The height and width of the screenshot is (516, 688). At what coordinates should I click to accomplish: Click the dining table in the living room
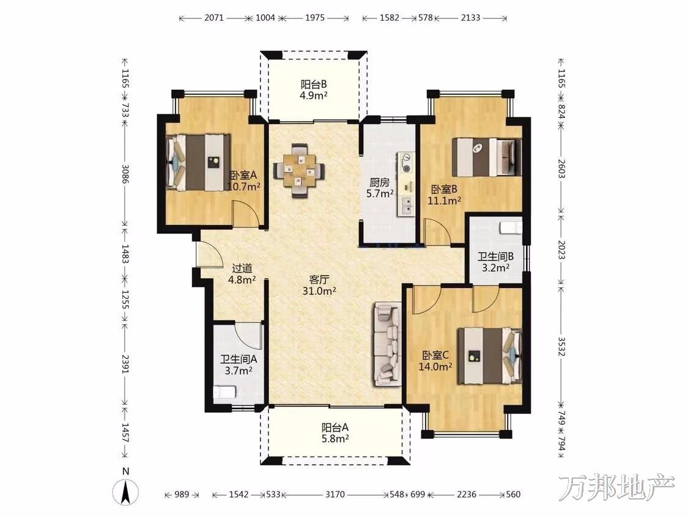(x=299, y=173)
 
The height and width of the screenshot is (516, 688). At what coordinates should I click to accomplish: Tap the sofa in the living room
(x=388, y=344)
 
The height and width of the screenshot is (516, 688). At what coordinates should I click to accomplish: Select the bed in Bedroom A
(x=198, y=162)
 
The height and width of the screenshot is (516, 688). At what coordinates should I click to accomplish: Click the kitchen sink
(x=406, y=206)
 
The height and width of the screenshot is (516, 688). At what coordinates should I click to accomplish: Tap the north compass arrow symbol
(x=126, y=492)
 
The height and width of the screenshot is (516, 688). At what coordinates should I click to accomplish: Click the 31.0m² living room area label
(x=319, y=290)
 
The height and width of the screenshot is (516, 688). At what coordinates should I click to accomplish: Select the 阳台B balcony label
(x=313, y=84)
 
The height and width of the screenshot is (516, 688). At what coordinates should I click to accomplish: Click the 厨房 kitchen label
(x=380, y=182)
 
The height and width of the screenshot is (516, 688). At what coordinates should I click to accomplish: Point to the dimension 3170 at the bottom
(x=335, y=495)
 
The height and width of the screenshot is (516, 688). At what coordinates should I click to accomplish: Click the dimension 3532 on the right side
(x=561, y=347)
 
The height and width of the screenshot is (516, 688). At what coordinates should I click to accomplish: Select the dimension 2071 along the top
(x=214, y=18)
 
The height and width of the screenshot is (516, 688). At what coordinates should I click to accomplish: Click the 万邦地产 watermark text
(x=617, y=487)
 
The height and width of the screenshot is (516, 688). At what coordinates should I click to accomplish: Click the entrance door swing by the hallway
(x=210, y=254)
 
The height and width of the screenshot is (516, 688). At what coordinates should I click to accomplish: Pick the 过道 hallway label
(x=242, y=268)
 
